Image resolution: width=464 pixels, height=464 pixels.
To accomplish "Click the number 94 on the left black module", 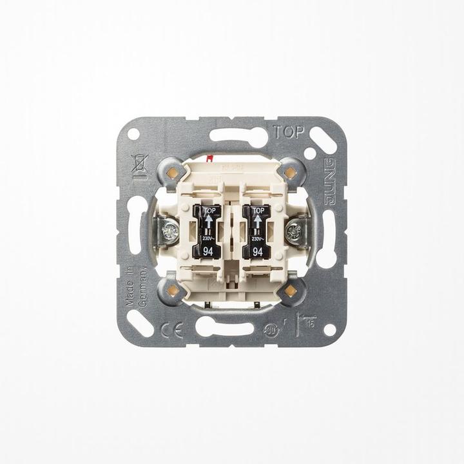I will (208, 252).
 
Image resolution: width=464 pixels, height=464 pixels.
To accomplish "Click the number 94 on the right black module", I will (258, 252).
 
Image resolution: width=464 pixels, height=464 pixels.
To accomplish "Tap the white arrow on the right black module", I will (258, 221).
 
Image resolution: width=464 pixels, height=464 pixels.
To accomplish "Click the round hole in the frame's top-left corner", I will (133, 134).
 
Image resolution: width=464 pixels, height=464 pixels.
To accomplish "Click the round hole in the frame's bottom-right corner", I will (329, 329).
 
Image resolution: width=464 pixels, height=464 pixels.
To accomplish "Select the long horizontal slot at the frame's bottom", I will (224, 327).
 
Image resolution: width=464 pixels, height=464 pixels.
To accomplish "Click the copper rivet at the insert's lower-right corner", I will (290, 291).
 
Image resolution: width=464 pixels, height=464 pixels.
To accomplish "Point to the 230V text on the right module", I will (257, 239).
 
